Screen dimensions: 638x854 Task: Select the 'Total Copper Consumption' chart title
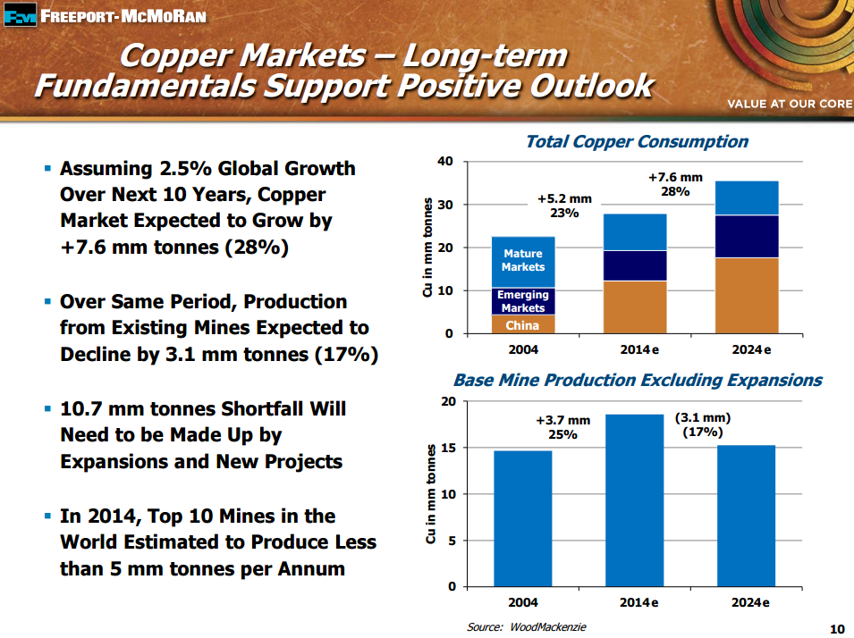pos(636,141)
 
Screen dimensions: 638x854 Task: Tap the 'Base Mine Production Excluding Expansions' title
pos(638,380)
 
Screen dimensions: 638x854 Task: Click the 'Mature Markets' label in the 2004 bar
pos(523,260)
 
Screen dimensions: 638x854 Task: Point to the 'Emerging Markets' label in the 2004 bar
pos(523,301)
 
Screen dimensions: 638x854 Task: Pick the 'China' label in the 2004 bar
pos(523,325)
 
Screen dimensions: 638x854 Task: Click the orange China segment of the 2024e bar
pos(747,295)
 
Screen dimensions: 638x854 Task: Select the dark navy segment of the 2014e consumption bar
pos(634,265)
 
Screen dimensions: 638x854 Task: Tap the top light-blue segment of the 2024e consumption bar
pos(747,197)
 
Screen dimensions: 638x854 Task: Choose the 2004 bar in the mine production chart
pos(522,518)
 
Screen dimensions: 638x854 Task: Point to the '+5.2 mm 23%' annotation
pos(564,206)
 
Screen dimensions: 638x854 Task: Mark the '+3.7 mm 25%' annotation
pos(563,427)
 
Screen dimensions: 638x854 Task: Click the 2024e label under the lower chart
pos(751,603)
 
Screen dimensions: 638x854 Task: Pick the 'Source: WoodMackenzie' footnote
pos(527,627)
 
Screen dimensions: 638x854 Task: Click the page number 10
pos(836,626)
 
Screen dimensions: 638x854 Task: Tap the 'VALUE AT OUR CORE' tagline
pos(790,104)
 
